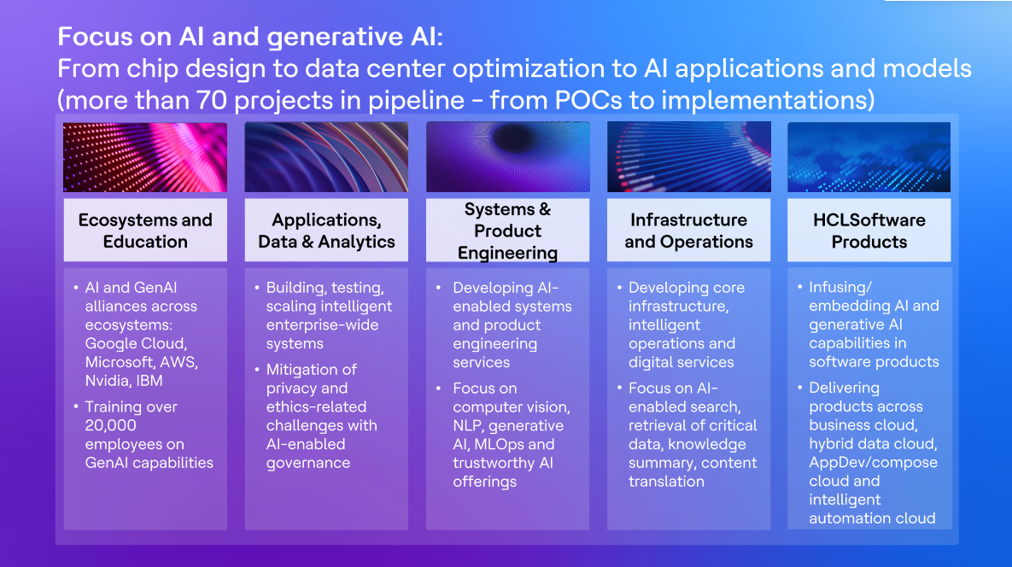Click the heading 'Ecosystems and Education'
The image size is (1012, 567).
tap(145, 231)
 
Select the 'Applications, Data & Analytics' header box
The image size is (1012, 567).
tap(326, 230)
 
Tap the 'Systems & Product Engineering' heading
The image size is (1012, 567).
tap(508, 231)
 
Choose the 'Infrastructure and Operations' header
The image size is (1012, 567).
tap(688, 230)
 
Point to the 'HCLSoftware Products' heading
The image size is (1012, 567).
tap(869, 231)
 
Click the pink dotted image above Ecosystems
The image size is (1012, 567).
tap(145, 157)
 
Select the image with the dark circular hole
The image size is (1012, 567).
tap(508, 157)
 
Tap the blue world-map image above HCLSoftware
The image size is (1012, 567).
tap(869, 157)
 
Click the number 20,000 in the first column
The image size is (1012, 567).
tap(111, 426)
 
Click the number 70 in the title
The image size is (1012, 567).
tap(212, 101)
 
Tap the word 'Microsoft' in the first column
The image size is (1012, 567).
tap(120, 362)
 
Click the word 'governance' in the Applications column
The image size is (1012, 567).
tap(308, 463)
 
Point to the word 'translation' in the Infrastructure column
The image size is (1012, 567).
tap(667, 482)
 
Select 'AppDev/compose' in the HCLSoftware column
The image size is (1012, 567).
tap(874, 463)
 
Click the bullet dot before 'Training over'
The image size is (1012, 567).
tap(76, 406)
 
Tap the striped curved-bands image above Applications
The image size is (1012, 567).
tap(326, 157)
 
